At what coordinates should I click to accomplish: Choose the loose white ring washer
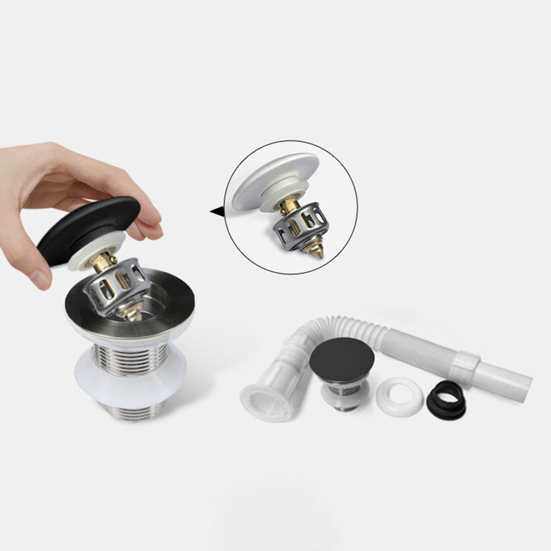399,395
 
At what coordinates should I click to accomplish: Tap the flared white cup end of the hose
265,400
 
